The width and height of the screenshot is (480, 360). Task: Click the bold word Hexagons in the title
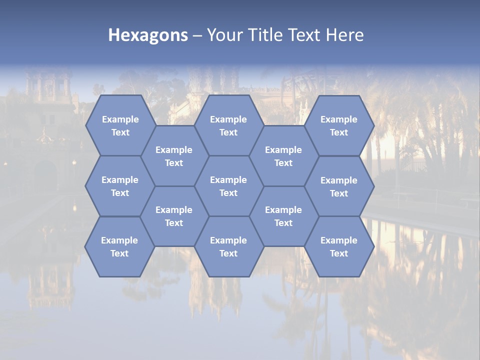point(148,35)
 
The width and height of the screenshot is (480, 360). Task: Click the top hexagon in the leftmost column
point(120,125)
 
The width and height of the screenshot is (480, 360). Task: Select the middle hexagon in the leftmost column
point(120,186)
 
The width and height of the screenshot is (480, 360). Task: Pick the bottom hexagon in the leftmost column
point(119,246)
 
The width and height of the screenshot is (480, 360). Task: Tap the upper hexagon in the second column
point(174,156)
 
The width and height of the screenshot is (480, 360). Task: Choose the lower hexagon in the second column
point(174,216)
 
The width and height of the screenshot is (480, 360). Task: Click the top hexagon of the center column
point(228,125)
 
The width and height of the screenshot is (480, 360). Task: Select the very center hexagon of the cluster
point(228,186)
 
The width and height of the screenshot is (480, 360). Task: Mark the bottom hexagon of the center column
point(228,246)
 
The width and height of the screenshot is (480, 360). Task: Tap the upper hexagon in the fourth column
point(283,156)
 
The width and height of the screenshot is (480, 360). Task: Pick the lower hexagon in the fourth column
point(283,216)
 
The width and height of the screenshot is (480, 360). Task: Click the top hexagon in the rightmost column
point(339,125)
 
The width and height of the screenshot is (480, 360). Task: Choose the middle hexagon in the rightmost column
point(339,186)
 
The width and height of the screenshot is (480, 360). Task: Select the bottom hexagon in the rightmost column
point(339,246)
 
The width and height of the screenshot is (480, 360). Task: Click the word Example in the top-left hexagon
point(120,119)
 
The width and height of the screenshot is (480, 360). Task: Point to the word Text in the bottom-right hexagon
point(339,253)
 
